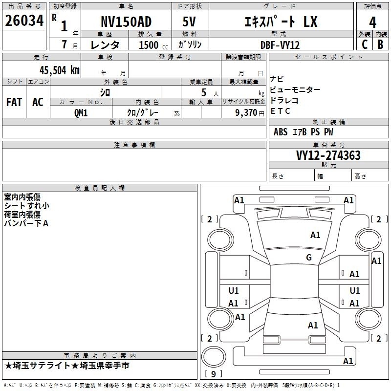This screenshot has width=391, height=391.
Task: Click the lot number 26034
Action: (24, 21)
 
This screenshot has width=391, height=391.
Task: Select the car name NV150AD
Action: (126, 22)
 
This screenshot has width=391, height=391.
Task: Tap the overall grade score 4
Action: (372, 22)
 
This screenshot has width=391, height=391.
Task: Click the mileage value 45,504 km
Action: (59, 70)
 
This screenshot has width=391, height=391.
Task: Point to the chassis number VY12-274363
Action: (328, 155)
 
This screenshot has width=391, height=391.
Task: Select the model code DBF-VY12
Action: (280, 45)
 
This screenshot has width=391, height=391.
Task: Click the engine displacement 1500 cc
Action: (153, 45)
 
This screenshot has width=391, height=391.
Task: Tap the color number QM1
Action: (81, 113)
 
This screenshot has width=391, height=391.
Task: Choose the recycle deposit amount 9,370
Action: (246, 113)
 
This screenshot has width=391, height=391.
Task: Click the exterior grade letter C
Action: (365, 44)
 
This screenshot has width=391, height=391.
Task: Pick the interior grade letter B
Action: (380, 44)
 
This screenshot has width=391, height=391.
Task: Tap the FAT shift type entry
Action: (14, 102)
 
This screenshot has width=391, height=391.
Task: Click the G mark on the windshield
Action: (309, 257)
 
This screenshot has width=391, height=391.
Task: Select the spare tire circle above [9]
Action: (214, 357)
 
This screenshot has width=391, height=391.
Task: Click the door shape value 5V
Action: (189, 22)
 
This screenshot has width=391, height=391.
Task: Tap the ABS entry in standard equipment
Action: (281, 132)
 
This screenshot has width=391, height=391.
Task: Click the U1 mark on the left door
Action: (234, 290)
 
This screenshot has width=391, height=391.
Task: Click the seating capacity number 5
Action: (204, 92)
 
